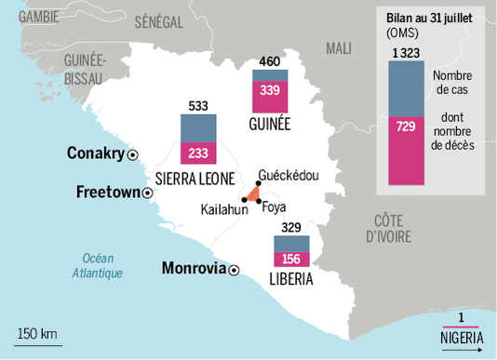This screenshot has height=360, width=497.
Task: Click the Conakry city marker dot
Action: click(132, 154)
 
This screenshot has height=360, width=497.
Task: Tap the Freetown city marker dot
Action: click(147, 193)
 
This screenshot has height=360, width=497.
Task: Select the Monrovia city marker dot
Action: click(234, 270)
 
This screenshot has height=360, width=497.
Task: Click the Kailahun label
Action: click(224, 210)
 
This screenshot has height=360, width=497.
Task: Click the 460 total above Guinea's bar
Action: click(268, 62)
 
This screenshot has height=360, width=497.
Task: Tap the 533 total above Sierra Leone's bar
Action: click(198, 105)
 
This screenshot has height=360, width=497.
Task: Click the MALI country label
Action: click(339, 47)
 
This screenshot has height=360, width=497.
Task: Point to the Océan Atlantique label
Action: click(97, 265)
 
